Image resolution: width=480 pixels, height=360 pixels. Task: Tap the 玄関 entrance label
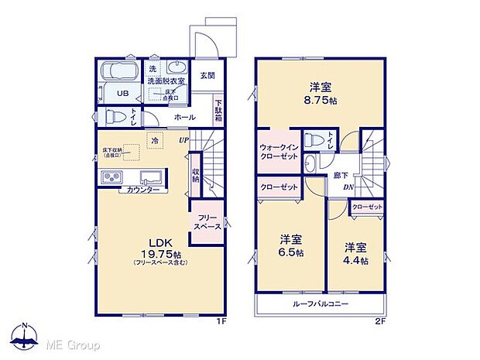206,75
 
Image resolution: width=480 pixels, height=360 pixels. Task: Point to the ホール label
184,118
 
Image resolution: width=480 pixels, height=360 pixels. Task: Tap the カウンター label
143,190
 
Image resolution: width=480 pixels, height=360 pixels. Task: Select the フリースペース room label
207,222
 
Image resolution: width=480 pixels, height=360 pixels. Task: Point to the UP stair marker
183,139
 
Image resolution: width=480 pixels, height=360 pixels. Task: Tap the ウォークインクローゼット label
276,149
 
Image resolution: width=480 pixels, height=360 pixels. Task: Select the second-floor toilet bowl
314,141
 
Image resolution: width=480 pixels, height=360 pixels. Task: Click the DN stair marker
348,187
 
